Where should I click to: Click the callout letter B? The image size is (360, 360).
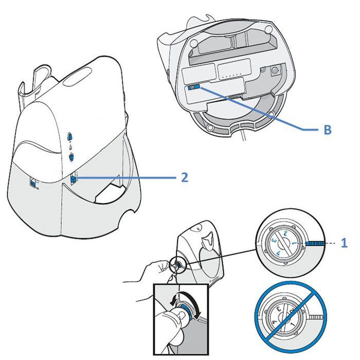coord(327,130)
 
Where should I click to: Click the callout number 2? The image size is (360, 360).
coord(185,177)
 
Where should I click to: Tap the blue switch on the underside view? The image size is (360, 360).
coord(193,87)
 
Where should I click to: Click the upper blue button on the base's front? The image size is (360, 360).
coord(70,137)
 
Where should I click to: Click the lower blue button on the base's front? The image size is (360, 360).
coord(71,158)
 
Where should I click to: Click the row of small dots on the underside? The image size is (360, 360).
coord(232,75)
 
